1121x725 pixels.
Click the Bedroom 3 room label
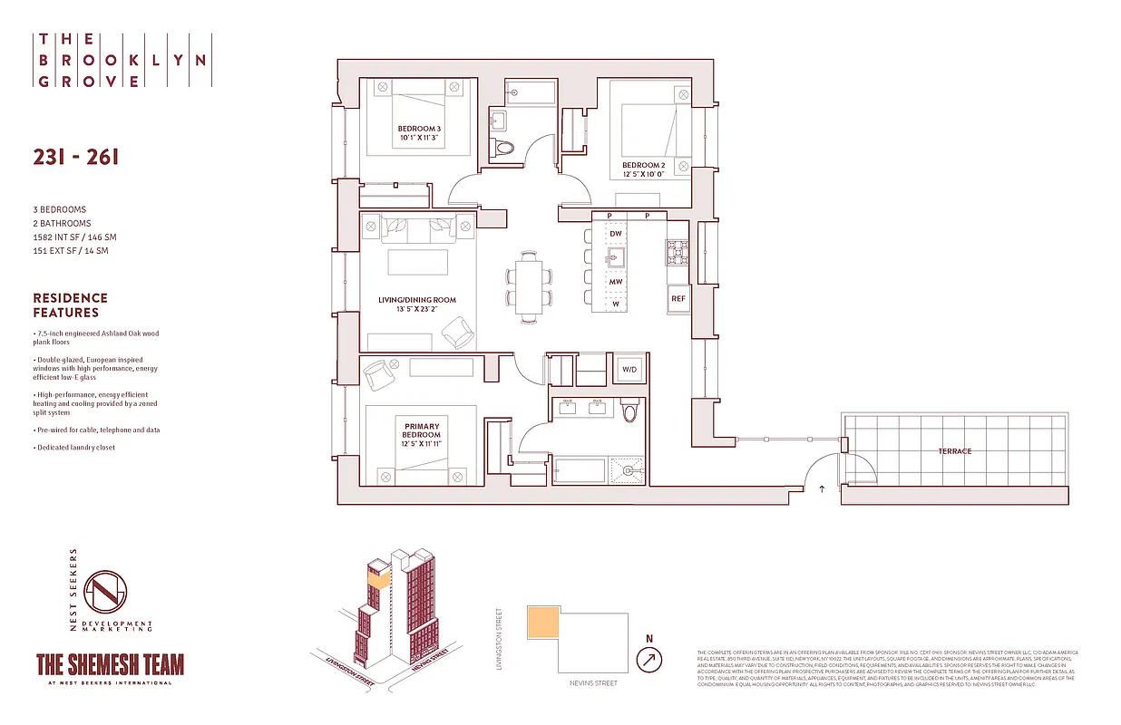tap(419, 134)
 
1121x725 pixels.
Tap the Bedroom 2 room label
tap(643, 170)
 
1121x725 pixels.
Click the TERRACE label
tap(954, 451)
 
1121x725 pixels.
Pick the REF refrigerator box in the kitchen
tap(677, 298)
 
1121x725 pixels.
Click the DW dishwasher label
tap(615, 234)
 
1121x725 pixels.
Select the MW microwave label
tap(615, 282)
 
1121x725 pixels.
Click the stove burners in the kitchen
tap(677, 252)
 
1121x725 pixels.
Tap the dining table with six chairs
tap(528, 285)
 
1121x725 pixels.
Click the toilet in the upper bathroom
tap(502, 147)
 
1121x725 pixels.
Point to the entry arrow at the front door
tap(822, 489)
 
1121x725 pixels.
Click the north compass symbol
tap(648, 658)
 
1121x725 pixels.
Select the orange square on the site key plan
tap(542, 625)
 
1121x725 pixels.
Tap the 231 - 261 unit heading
tap(75, 157)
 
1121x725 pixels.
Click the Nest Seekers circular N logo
tap(104, 592)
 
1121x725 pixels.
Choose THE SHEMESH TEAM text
tap(110, 664)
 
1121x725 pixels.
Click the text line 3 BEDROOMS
tap(60, 210)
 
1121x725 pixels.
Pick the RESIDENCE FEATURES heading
tap(70, 305)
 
